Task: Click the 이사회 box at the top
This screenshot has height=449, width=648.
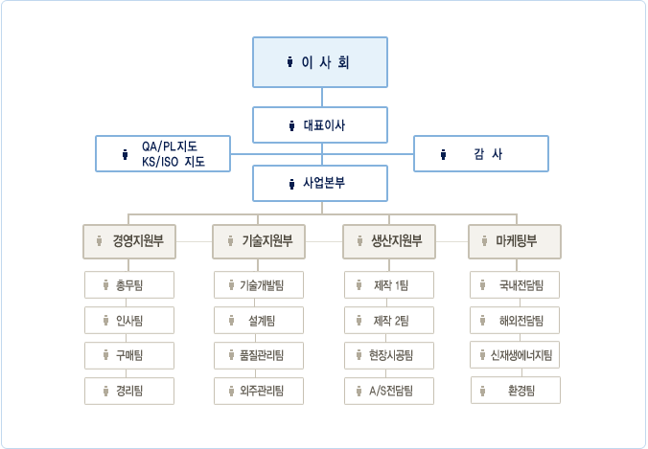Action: pos(320,62)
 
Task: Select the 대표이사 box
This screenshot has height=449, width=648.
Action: pos(320,125)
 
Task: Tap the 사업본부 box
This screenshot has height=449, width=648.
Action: pos(320,183)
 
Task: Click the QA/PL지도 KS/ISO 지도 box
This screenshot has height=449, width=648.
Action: pos(163,153)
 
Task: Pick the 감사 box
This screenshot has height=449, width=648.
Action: pos(481,153)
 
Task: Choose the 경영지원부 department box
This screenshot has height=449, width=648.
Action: pos(129,241)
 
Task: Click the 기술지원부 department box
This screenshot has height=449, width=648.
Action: pos(259,241)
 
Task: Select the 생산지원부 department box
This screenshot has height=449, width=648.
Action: pos(389,241)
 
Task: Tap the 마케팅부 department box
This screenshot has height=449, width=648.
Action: pos(515,241)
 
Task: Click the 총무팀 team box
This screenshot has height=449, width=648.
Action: pos(129,284)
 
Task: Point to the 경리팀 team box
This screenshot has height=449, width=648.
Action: pos(129,391)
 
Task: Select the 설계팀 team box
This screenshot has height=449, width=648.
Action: pos(259,321)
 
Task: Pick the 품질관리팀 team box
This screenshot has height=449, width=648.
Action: pos(259,355)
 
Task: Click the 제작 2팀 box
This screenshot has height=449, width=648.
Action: pos(389,321)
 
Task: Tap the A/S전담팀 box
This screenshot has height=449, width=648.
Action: pos(389,391)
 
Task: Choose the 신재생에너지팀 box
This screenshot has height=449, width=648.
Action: pos(515,355)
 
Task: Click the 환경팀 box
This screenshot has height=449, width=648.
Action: pos(516,390)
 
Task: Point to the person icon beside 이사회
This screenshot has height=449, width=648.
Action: pos(289,62)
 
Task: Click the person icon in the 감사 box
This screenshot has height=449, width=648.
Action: pos(443,154)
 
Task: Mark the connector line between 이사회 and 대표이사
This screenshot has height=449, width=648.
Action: pos(322,98)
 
